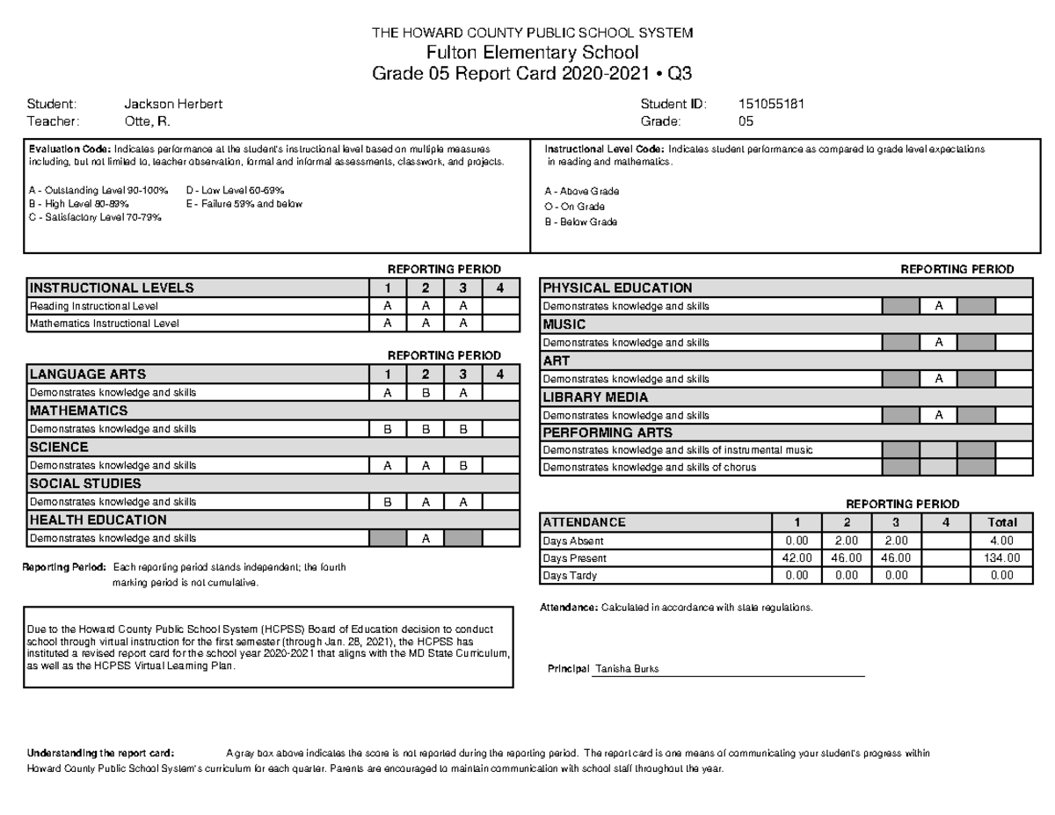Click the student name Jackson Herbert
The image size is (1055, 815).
[173, 104]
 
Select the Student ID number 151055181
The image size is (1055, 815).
[772, 104]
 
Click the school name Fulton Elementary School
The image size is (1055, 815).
[532, 53]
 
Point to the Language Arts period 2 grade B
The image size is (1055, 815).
[425, 393]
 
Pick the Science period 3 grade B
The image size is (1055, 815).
[462, 466]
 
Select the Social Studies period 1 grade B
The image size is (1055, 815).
[387, 502]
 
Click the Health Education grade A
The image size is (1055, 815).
[425, 538]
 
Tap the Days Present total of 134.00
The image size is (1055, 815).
[1001, 558]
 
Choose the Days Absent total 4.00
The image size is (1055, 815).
[1001, 541]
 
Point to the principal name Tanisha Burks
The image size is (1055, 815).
[627, 669]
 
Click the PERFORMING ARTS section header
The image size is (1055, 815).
[608, 433]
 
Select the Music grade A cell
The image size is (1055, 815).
[938, 342]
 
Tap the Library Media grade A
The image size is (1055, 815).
[938, 415]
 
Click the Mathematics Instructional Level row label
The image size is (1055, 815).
[105, 324]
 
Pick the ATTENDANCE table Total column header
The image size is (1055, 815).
[1001, 522]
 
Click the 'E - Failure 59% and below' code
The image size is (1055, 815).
[244, 204]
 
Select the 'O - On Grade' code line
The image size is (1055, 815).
[575, 207]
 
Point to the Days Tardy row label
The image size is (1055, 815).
[570, 576]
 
